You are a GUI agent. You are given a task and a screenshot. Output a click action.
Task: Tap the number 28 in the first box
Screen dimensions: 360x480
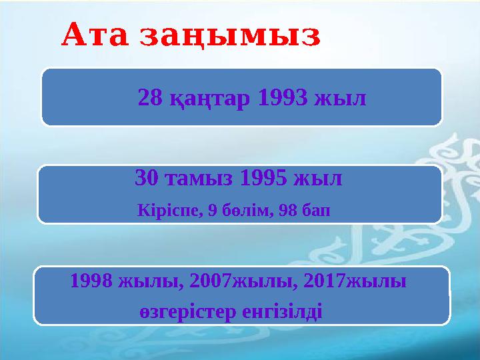149,99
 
